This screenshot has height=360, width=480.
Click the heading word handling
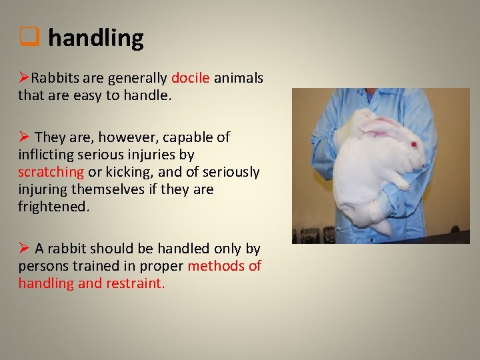click(x=95, y=39)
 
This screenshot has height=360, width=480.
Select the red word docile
click(x=191, y=78)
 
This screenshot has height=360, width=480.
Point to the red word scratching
click(x=51, y=172)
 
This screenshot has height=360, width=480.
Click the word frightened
click(x=53, y=207)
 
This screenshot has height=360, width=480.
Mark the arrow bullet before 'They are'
click(x=24, y=137)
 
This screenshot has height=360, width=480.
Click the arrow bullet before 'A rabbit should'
click(x=24, y=249)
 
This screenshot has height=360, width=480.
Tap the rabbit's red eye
click(x=413, y=143)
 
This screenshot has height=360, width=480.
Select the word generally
click(x=139, y=78)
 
